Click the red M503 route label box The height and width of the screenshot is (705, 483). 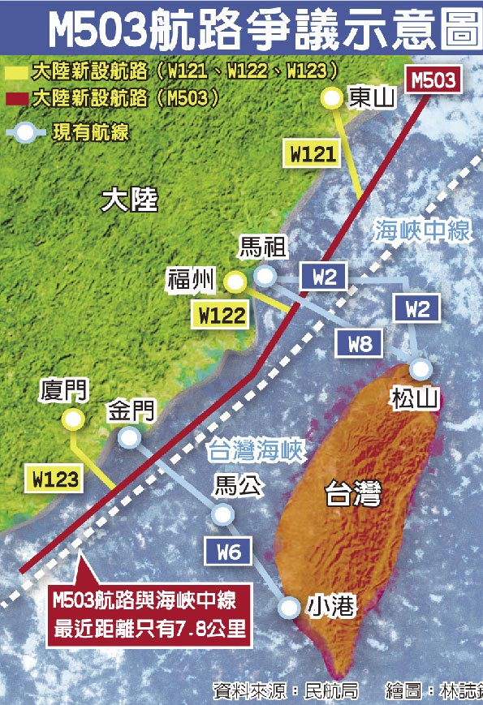(x=434, y=80)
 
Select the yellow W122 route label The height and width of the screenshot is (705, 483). (x=219, y=315)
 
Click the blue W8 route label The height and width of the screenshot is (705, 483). (x=360, y=344)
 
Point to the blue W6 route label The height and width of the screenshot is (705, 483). (x=229, y=553)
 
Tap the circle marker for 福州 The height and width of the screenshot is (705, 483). (x=235, y=282)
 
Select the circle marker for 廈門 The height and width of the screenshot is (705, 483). (x=73, y=419)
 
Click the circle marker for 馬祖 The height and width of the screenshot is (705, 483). (x=264, y=277)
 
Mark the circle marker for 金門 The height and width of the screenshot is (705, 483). (x=128, y=438)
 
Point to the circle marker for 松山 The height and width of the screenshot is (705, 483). (x=420, y=369)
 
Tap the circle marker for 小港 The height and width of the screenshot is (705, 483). (x=288, y=606)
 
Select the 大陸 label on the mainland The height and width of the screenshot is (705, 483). (x=130, y=200)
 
